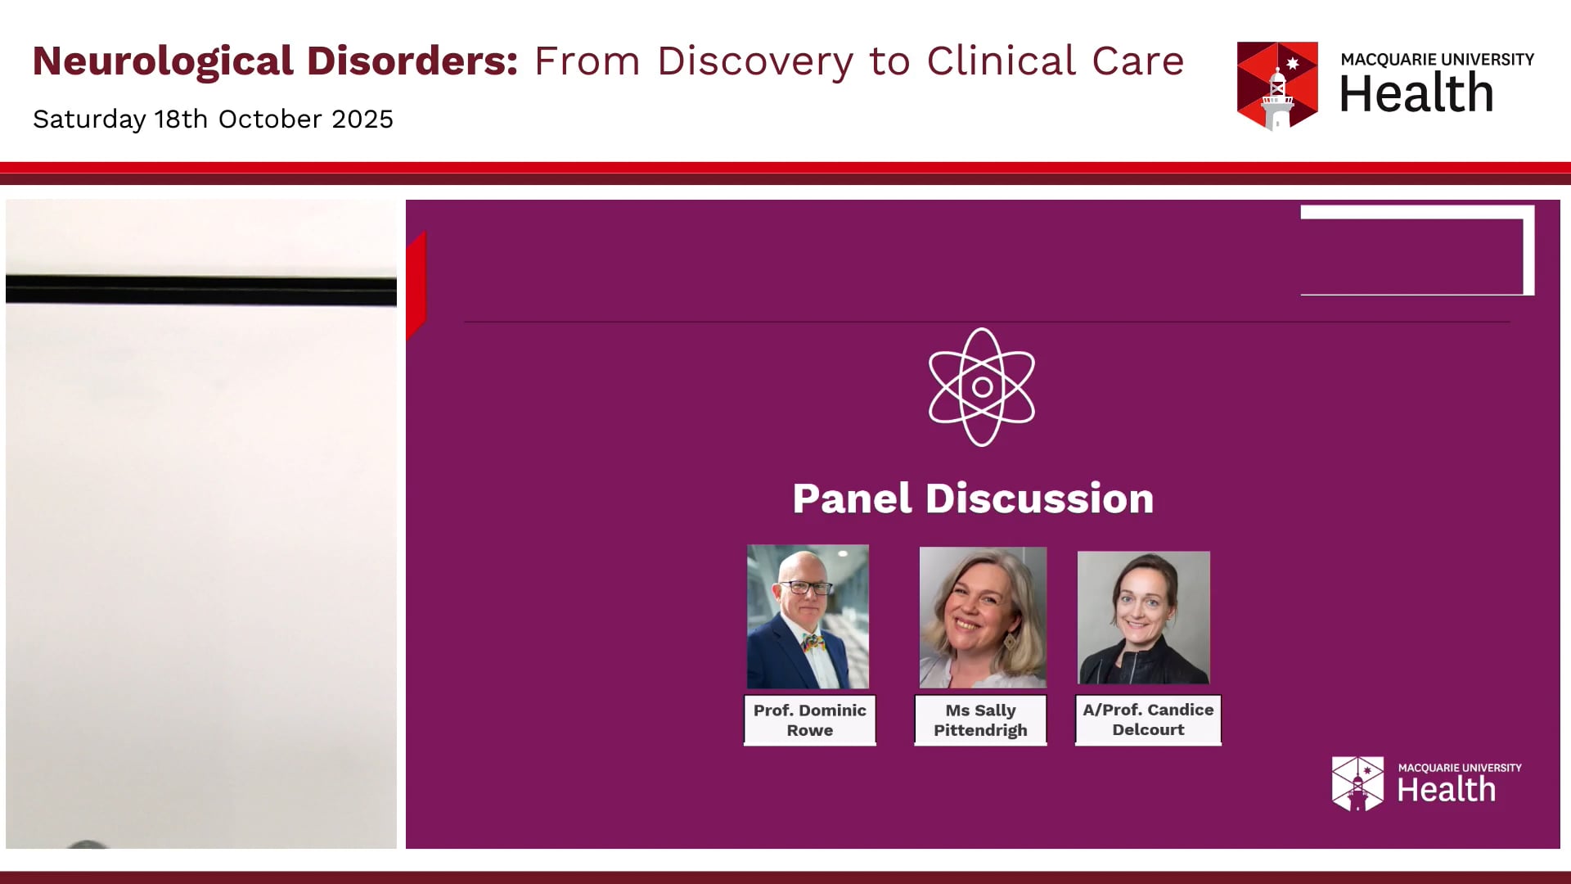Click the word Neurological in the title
pos(163,62)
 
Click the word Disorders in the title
pos(412,62)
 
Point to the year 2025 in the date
pos(362,120)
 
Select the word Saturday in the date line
pos(89,120)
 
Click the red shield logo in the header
pos(1276,85)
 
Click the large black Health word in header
pos(1416,93)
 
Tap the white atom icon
pos(981,387)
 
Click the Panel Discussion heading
pos(973,498)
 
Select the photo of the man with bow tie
pos(808,616)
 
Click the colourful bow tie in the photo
pos(813,643)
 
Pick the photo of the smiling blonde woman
pos(983,617)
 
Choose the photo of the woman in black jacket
pos(1143,618)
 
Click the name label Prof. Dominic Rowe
pos(809,720)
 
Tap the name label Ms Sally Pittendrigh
pos(980,720)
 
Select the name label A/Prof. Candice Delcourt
pos(1148,720)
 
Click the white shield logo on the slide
pos(1357,783)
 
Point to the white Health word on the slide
pos(1446,791)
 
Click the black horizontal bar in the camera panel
pos(201,291)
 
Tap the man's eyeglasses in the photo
pos(805,587)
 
